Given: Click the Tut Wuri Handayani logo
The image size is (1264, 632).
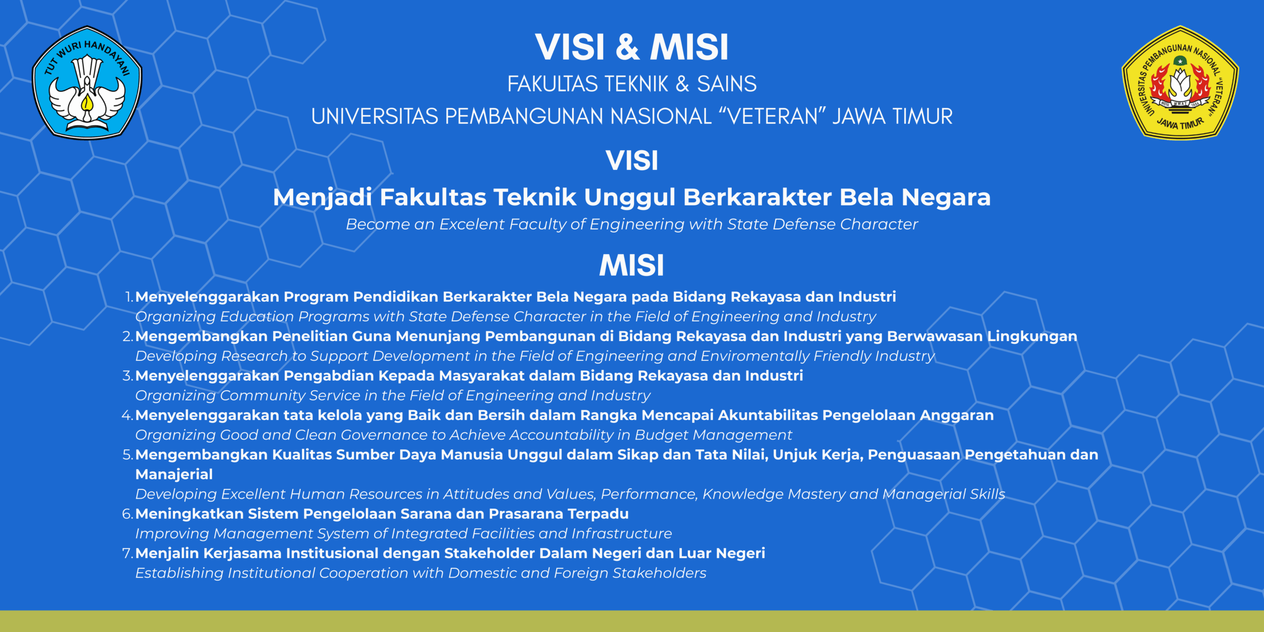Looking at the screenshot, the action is tap(87, 82).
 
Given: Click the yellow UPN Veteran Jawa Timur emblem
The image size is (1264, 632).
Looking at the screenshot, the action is tap(1180, 82).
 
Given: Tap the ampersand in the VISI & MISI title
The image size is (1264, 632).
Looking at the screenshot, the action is tap(628, 47).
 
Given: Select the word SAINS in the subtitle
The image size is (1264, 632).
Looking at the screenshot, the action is tap(726, 84).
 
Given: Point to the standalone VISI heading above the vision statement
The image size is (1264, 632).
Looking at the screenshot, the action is tap(632, 160).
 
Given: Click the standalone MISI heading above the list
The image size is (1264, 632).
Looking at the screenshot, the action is tap(632, 265).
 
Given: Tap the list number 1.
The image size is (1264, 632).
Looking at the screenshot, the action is tap(129, 297).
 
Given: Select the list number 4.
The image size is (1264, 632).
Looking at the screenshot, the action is tap(127, 415).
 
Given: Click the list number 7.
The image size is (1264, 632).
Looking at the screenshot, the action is tap(127, 553).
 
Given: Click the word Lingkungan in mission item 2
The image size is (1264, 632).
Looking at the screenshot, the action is tap(1032, 337).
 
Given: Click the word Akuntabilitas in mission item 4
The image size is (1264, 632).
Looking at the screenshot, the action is tap(768, 415).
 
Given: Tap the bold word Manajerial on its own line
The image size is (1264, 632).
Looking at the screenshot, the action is tap(174, 475).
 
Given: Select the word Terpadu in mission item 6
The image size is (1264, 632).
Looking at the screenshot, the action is tap(598, 514).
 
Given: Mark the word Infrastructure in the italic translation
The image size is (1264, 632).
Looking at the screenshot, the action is tap(622, 534).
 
